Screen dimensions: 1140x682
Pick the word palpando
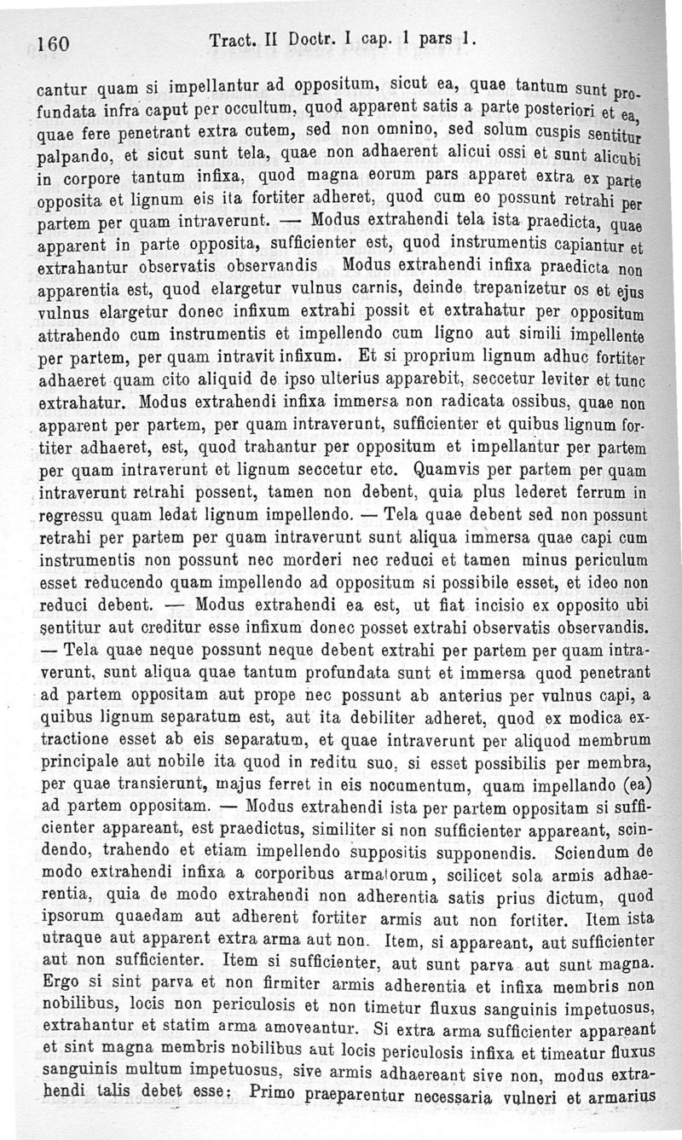click(x=75, y=159)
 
